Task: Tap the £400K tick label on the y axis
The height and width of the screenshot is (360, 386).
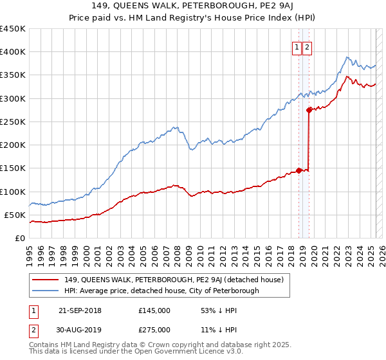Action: click(13, 52)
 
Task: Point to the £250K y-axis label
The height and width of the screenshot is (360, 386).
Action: click(13, 122)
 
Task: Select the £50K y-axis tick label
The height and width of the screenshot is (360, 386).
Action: click(15, 215)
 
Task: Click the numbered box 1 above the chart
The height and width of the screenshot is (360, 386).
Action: click(297, 47)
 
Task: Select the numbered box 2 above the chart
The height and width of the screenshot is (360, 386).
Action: click(307, 47)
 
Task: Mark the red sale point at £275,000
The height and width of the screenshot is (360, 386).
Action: click(309, 110)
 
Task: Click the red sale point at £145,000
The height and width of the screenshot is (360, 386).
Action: click(299, 170)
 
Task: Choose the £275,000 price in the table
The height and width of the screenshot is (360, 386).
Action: click(154, 330)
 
